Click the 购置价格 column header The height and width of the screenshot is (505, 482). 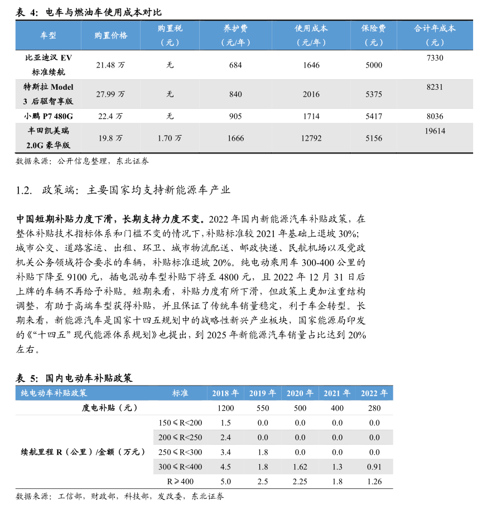coord(111,35)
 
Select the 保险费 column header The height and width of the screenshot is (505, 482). coord(374,35)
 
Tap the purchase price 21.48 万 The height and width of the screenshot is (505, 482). coord(110,65)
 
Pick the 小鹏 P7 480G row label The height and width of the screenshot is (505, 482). coord(49,116)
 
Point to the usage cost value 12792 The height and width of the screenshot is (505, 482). coord(311,138)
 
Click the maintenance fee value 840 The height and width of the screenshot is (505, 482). coord(235,94)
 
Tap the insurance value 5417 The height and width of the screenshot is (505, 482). coord(374,116)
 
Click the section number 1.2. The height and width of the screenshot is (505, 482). coord(25,190)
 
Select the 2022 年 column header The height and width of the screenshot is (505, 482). coord(374,393)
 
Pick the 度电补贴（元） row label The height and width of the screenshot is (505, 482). coord(110,408)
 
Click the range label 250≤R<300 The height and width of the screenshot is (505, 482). coord(181,452)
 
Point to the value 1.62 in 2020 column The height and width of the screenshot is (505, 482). coord(300,466)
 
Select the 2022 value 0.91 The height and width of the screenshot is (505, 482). coord(374,466)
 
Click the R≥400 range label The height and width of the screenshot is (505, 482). coord(181,481)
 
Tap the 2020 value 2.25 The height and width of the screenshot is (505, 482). coord(300,481)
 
